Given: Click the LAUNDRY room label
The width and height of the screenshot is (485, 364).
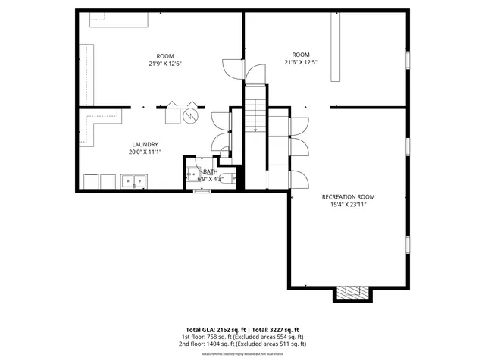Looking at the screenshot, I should (x=145, y=144).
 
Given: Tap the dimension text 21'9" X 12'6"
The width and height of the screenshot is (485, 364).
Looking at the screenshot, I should (x=164, y=64).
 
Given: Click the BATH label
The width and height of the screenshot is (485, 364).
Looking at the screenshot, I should (x=210, y=171).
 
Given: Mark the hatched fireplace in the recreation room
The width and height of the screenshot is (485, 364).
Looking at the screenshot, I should (x=352, y=292).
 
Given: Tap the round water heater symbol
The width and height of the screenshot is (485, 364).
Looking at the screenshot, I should (x=191, y=115).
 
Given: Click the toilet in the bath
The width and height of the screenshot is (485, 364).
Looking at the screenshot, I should (x=231, y=177).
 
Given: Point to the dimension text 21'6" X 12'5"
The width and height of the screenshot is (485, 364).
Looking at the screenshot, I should (x=301, y=62).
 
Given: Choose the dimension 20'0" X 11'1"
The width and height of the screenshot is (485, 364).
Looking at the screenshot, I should (x=145, y=152).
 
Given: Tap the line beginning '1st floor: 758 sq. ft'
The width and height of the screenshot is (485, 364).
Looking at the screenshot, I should (x=242, y=337).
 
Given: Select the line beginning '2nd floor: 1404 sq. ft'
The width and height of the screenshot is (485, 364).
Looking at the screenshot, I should (x=242, y=344).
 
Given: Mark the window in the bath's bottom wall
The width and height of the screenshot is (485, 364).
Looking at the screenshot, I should (x=202, y=191).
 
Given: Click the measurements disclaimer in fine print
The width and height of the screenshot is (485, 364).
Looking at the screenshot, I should (x=242, y=353).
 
